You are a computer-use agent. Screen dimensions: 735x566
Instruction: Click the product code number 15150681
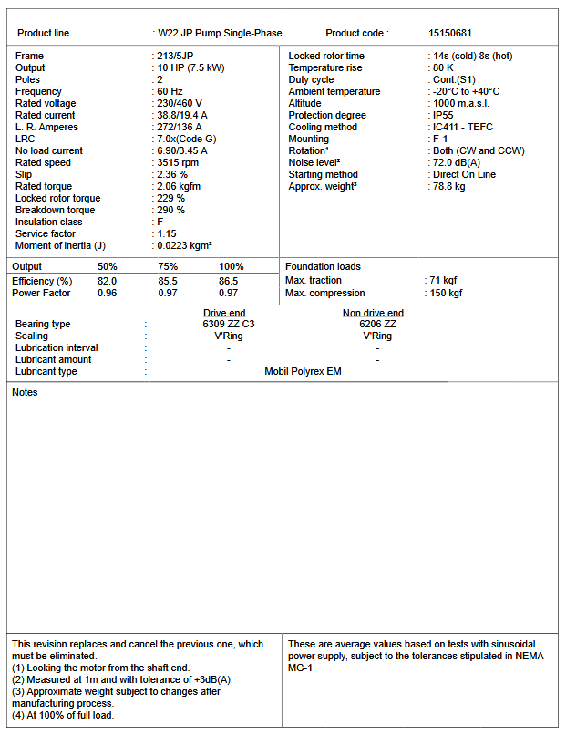coord(450,33)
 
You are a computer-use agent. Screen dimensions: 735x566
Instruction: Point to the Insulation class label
coord(49,222)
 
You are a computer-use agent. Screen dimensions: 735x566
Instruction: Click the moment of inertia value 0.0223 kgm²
coord(186,245)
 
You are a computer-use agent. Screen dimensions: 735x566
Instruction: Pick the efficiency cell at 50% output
coord(108,281)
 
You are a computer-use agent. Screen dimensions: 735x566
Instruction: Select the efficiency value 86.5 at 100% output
coord(229,281)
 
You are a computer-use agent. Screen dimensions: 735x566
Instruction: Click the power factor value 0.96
coord(108,293)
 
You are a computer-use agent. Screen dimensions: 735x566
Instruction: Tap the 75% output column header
coord(168,266)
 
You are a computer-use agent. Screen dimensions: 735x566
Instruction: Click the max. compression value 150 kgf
coord(447,293)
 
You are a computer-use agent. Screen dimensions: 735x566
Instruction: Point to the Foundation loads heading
coord(323,266)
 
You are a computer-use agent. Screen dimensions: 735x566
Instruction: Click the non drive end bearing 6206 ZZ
coord(377,324)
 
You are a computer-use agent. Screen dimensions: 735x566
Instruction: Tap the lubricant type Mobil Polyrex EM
coord(304,371)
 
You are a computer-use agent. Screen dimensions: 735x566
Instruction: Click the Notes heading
coord(25,392)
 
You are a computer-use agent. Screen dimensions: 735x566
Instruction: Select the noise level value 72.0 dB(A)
coord(458,162)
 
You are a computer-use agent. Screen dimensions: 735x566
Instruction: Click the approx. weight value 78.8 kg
coord(449,186)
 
